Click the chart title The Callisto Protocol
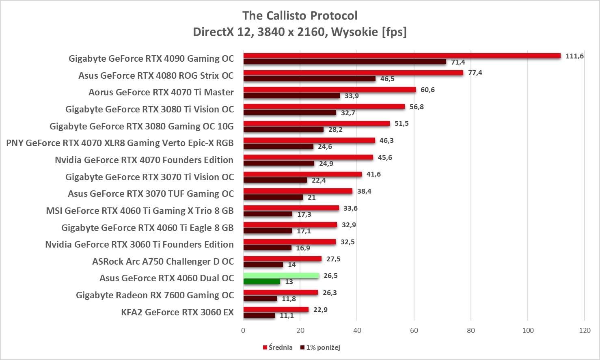[x=300, y=16]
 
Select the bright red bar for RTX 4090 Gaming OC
[x=402, y=56]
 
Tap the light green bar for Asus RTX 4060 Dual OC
[x=281, y=276]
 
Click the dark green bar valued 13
[x=261, y=281]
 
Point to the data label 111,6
[x=574, y=56]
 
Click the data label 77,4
[x=475, y=73]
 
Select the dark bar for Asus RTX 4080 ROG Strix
[x=309, y=79]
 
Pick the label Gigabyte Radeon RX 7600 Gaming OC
[x=155, y=295]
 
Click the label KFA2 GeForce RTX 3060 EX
[x=177, y=312]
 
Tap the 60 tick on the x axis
[x=414, y=330]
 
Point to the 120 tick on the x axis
[x=585, y=330]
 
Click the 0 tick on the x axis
[x=243, y=330]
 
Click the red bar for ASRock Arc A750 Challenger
[x=282, y=259]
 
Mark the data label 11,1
[x=287, y=315]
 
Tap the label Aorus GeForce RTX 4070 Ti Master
[x=161, y=92]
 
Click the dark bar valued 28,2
[x=283, y=129]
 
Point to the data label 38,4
[x=364, y=191]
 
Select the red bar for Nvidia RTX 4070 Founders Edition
[x=308, y=157]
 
